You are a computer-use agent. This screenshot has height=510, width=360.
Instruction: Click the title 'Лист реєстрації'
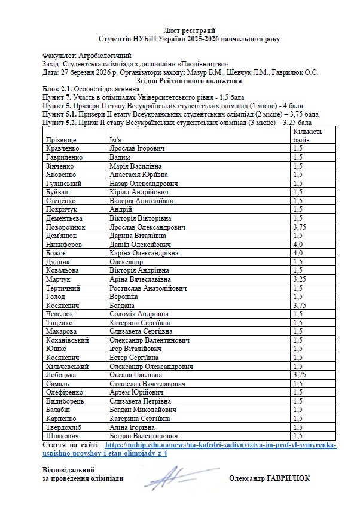[x=189, y=30]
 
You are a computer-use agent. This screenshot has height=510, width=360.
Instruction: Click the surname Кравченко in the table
[x=63, y=148]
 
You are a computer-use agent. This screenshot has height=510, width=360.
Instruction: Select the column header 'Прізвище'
[x=61, y=139]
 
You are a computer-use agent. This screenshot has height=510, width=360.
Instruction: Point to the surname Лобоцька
[x=62, y=375]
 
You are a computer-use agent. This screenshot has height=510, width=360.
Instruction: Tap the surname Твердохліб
[x=65, y=427]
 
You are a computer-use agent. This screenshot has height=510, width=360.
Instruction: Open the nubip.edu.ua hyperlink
[x=221, y=450]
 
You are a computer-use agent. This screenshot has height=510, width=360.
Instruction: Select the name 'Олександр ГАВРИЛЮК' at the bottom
[x=270, y=478]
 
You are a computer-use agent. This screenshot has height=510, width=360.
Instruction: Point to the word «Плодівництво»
[x=203, y=63]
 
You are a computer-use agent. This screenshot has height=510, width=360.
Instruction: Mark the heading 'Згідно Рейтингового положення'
[x=189, y=80]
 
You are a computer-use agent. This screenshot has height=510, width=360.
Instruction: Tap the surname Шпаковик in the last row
[x=62, y=436]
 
